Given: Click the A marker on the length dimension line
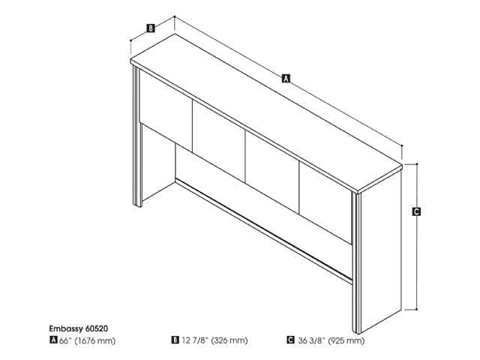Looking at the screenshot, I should point(284,77).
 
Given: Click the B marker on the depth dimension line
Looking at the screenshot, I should point(150,28).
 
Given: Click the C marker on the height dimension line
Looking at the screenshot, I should point(416,212).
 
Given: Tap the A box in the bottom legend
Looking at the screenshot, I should point(53,340).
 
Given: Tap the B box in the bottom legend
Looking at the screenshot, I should point(175,340).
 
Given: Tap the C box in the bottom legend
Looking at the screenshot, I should point(290,340).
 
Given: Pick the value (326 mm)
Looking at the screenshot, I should point(229,340).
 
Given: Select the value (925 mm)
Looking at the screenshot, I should point(346,340).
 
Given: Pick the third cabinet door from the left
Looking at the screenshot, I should point(273,174).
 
